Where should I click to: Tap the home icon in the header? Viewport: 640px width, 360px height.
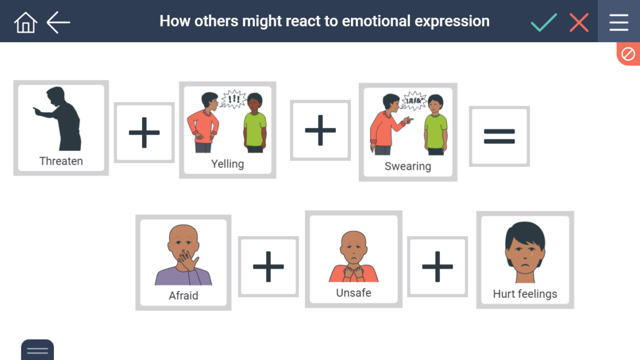[x=26, y=22]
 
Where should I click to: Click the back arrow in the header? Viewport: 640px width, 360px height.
[x=58, y=22]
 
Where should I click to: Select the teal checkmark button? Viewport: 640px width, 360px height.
[x=543, y=22]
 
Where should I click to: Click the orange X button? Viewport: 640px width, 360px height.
[x=579, y=22]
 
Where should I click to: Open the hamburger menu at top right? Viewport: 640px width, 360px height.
[x=619, y=21]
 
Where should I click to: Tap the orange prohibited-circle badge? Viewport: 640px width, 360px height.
[x=628, y=54]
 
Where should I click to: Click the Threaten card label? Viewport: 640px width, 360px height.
[x=61, y=161]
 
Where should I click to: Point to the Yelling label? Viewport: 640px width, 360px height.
[x=227, y=164]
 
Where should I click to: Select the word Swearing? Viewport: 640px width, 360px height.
[x=407, y=166]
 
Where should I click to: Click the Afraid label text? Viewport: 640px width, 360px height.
[x=183, y=295]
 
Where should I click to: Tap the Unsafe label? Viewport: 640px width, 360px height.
[x=354, y=293]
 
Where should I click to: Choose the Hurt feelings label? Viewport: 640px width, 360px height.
[x=525, y=294]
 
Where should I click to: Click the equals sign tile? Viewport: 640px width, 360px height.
[x=499, y=137]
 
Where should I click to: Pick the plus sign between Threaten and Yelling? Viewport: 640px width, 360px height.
[x=145, y=132]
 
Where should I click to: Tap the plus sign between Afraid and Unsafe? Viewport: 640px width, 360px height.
[x=268, y=266]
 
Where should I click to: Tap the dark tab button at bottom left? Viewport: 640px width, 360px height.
[x=37, y=350]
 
